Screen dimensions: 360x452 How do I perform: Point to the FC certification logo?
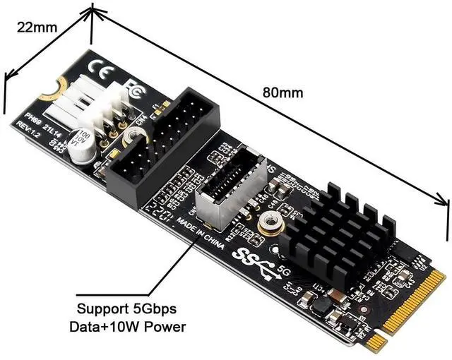pos(133,90)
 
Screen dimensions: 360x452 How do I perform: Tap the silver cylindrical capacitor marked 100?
pos(83,138)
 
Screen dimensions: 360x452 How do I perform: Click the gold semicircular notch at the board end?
pos(49,90)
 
